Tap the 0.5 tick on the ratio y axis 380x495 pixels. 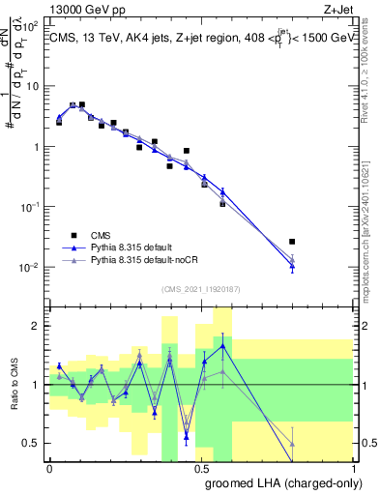click(x=34, y=443)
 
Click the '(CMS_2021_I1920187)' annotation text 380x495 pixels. click(x=201, y=288)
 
